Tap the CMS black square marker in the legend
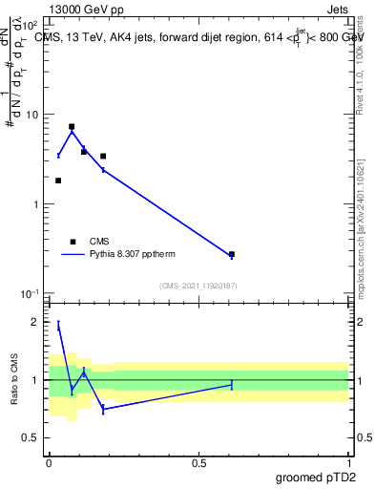pos(73,242)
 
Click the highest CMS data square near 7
pos(72,126)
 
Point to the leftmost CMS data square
pos(58,181)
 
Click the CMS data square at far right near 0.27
pos(232,254)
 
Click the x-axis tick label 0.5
pos(198,462)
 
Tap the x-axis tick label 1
pos(348,462)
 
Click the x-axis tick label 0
pos(50,462)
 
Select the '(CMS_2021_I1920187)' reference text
pos(198,286)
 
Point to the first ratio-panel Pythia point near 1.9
pos(58,327)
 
